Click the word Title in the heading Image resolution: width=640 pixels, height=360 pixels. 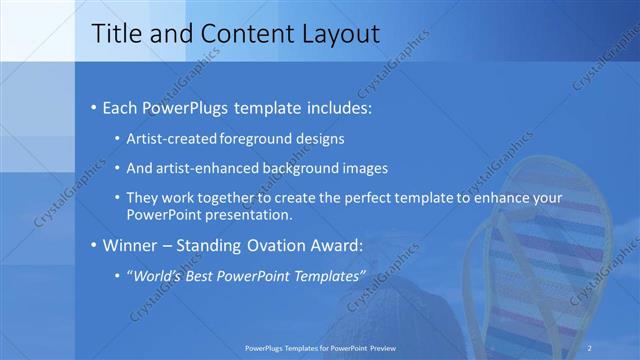coord(115,34)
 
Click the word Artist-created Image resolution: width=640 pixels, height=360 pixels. coord(167,138)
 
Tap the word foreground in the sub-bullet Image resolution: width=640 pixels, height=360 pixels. coord(244,138)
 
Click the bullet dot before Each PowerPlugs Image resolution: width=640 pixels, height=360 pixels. coord(93,105)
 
